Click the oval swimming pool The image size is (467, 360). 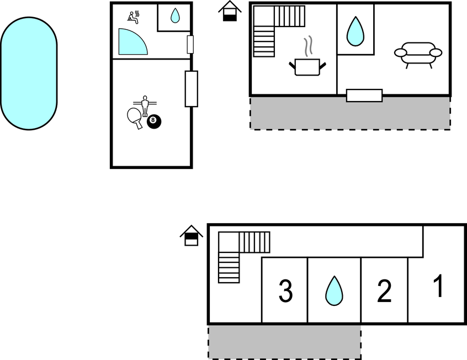tap(29, 73)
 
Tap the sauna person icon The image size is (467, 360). tap(134, 17)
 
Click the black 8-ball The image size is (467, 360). tap(153, 121)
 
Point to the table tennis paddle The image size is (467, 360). tap(135, 118)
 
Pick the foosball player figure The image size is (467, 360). tap(145, 106)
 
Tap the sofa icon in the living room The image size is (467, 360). tap(418, 55)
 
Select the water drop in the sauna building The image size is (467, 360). tap(175, 15)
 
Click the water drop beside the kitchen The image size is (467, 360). tap(355, 32)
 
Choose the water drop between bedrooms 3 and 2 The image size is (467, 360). tap(334, 292)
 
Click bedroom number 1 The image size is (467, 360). tap(438, 286)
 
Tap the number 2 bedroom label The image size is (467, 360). tap(384, 291)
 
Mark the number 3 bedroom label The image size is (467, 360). tap(285, 291)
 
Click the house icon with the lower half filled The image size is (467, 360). tap(230, 11)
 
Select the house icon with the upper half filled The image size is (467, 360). tap(191, 235)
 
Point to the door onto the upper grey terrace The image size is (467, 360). tap(364, 96)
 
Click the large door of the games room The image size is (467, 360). tap(191, 89)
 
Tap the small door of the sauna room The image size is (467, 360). tap(190, 44)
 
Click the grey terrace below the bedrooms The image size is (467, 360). tap(284, 342)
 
